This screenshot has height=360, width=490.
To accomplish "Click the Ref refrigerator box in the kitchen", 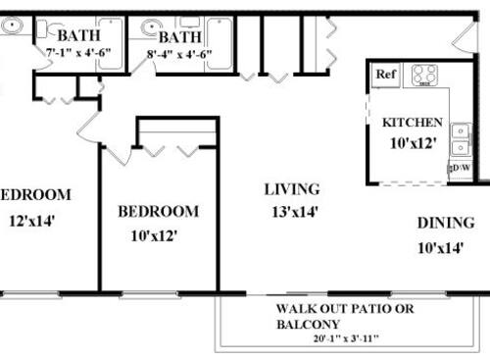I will click(386, 75).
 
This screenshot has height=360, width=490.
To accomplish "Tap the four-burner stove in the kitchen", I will click(424, 75).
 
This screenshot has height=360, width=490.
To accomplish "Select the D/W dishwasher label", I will click(460, 169).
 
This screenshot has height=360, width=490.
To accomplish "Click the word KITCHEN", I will click(412, 124).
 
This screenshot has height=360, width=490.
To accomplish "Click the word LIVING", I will click(292, 188).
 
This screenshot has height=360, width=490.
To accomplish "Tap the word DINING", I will click(446, 223).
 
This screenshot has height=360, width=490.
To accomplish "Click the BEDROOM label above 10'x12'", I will click(158, 211).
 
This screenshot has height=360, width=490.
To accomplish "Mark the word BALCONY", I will click(310, 325).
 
